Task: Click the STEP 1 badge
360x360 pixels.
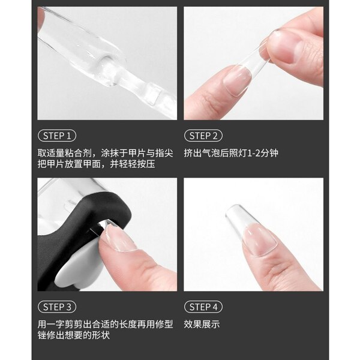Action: click(x=57, y=136)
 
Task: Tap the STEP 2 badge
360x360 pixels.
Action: click(x=203, y=136)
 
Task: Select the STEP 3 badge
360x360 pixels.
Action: click(x=57, y=307)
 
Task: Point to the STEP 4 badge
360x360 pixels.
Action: click(x=203, y=307)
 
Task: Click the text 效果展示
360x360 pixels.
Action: click(x=202, y=324)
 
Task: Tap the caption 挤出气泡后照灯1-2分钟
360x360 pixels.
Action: click(x=231, y=153)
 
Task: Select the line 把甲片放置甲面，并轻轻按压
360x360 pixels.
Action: click(x=96, y=164)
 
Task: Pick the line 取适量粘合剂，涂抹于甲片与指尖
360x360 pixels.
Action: click(x=106, y=153)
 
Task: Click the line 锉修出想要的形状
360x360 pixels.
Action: click(x=74, y=335)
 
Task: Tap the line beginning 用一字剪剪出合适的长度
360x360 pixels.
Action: click(x=106, y=324)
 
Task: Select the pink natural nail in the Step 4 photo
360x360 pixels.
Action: click(x=260, y=240)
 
